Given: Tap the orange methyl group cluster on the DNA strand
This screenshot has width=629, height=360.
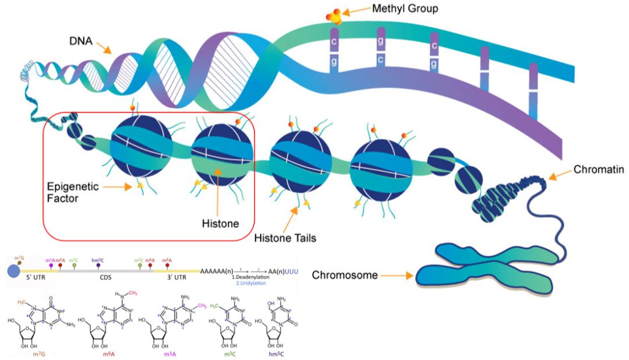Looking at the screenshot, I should tap(335, 16).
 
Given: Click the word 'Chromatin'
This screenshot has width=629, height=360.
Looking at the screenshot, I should tap(598, 170).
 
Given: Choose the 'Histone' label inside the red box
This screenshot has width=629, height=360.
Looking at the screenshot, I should tap(218, 223).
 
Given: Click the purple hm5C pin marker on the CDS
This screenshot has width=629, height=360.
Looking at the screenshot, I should tap(98, 265).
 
